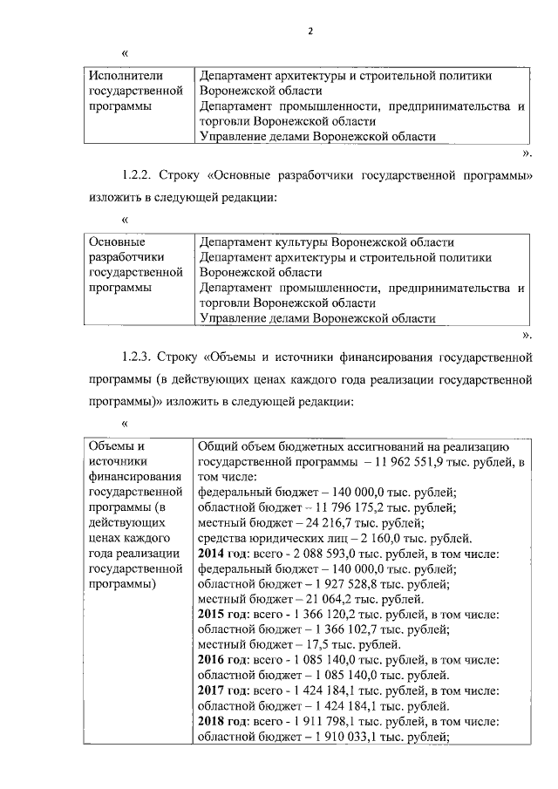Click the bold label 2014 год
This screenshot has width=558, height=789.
point(224,554)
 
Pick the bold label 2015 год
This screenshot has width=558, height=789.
point(224,614)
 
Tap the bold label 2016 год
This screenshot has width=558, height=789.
point(224,659)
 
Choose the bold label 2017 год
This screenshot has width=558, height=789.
point(224,690)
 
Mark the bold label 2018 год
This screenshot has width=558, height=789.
point(224,722)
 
